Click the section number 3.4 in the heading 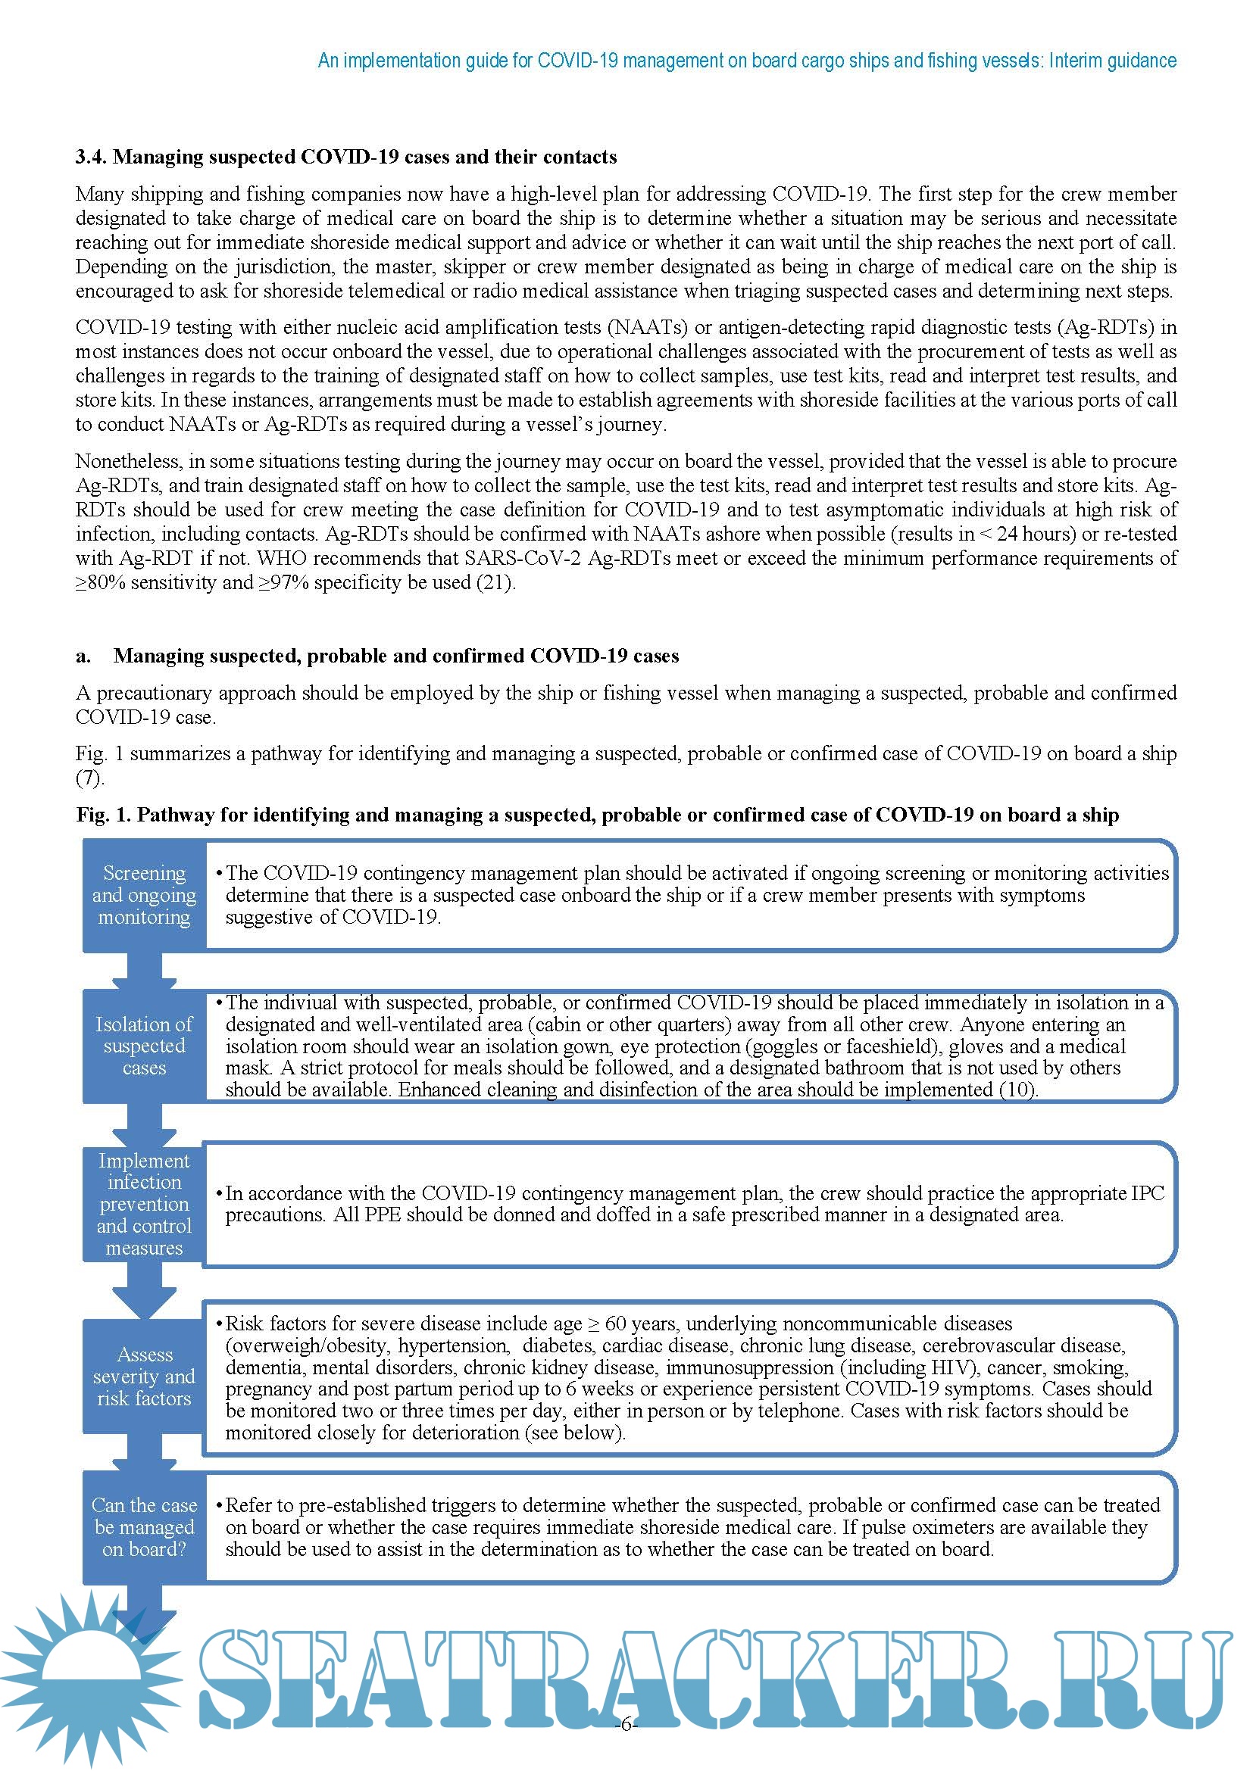pyautogui.click(x=91, y=157)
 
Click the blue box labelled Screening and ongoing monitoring pyautogui.click(x=144, y=896)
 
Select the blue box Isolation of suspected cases pyautogui.click(x=144, y=1046)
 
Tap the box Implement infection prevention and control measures pyautogui.click(x=144, y=1204)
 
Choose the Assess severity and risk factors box pyautogui.click(x=144, y=1377)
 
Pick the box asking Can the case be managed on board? pyautogui.click(x=144, y=1527)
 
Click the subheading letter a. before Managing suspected pyautogui.click(x=83, y=656)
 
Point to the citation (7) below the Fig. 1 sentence pyautogui.click(x=89, y=778)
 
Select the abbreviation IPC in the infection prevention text pyautogui.click(x=1147, y=1193)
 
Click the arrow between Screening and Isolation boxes pyautogui.click(x=144, y=971)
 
